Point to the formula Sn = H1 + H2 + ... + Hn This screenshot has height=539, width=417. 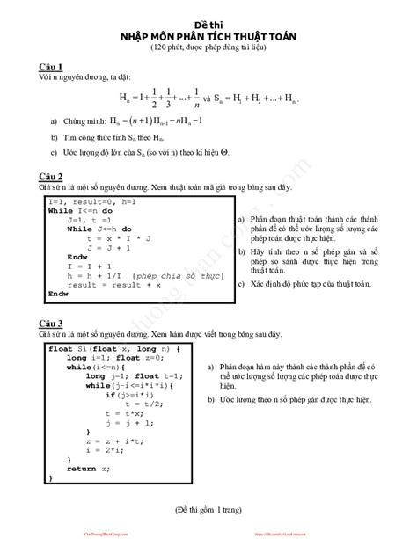[264, 99]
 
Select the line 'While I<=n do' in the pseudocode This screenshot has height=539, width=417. [80, 211]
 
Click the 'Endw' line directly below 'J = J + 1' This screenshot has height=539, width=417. [77, 257]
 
